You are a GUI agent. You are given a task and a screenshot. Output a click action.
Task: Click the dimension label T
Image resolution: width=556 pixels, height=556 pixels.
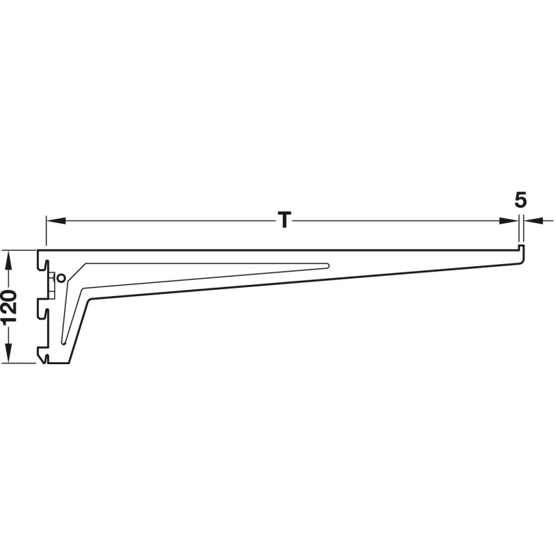(284, 220)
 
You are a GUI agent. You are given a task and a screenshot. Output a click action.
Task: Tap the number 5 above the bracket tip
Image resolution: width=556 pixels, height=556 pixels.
(521, 200)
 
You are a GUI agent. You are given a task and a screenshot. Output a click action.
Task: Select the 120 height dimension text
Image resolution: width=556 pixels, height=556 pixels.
(9, 306)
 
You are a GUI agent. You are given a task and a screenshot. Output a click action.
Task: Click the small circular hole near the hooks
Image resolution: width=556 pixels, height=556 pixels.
(61, 279)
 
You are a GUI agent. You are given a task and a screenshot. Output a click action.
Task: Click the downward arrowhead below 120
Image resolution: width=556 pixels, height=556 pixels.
(9, 354)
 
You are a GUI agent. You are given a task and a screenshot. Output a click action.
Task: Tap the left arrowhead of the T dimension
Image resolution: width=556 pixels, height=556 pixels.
(56, 221)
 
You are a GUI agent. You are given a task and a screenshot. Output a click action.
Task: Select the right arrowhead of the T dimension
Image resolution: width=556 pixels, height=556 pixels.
(509, 221)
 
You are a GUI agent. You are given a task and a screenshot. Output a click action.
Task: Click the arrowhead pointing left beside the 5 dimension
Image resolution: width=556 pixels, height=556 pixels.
(534, 221)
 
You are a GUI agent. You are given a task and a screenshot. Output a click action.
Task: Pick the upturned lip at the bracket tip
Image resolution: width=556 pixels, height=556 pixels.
(521, 247)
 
